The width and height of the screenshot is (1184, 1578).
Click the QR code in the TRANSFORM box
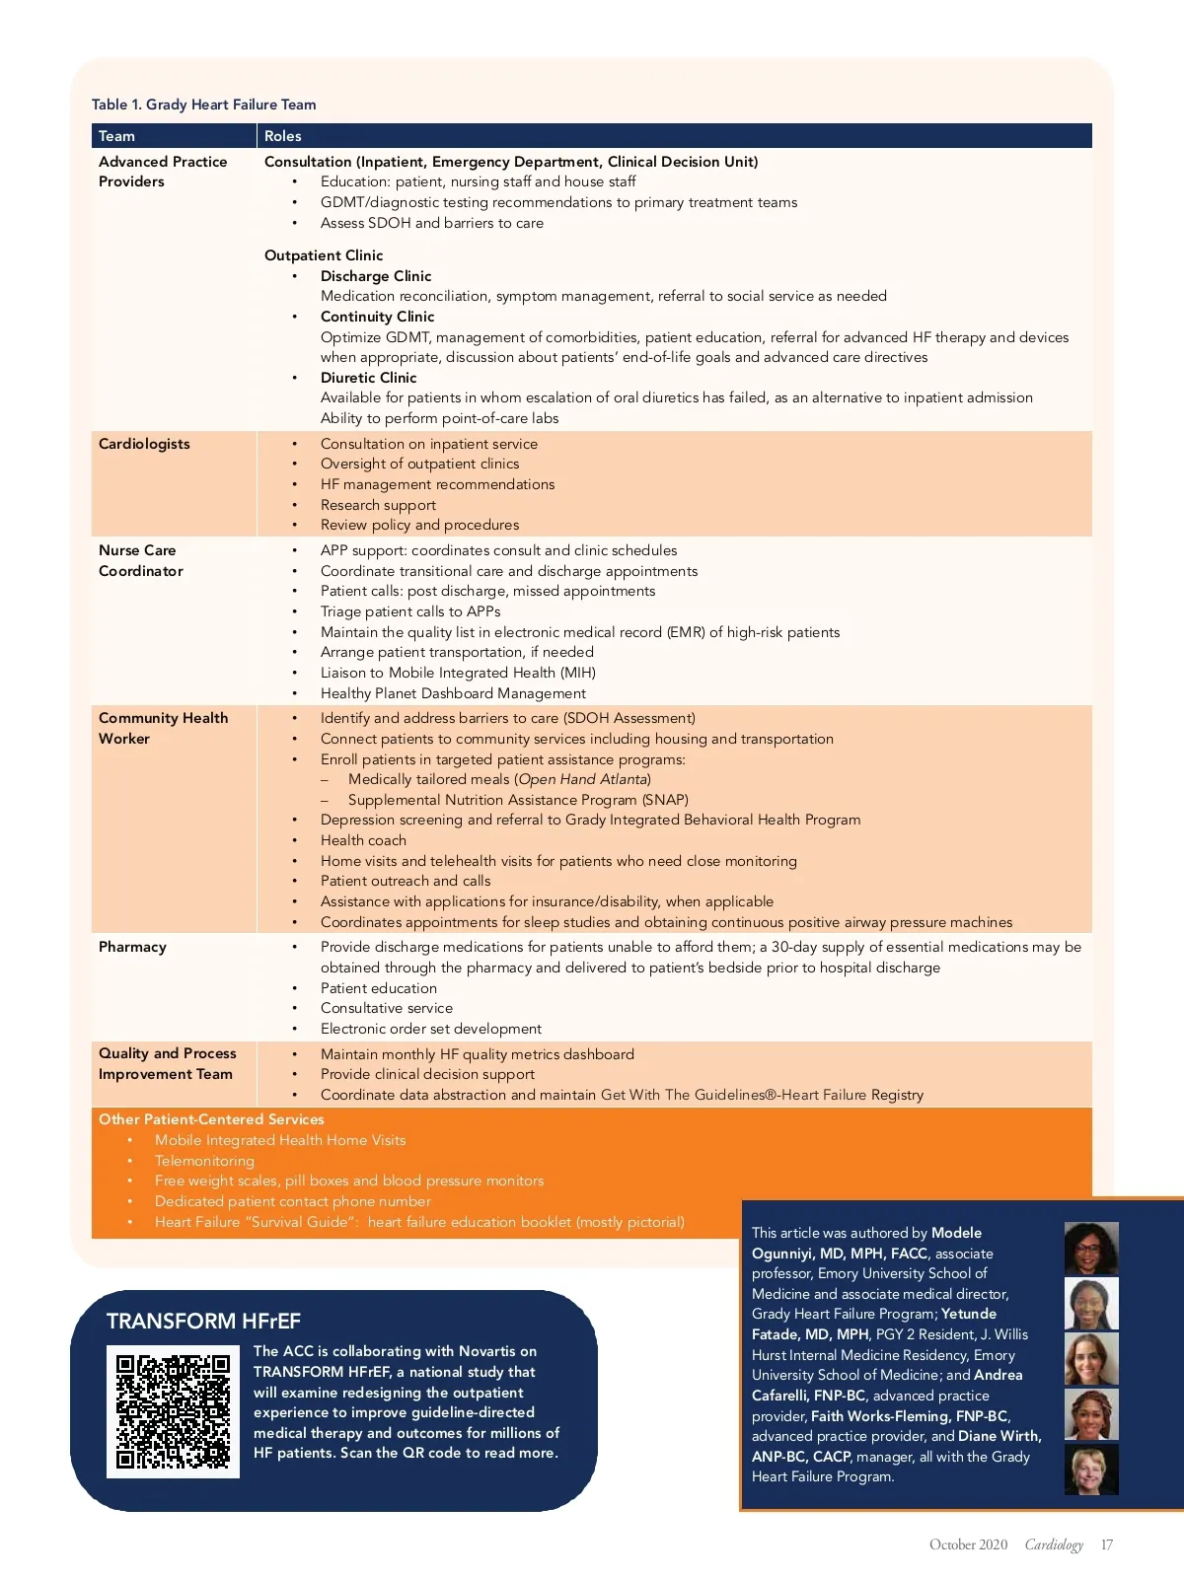point(173,1411)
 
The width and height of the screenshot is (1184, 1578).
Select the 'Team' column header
point(116,136)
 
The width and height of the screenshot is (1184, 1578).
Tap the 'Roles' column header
point(283,136)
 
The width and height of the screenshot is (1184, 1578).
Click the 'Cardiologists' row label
point(144,444)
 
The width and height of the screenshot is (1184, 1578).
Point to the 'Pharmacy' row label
point(132,947)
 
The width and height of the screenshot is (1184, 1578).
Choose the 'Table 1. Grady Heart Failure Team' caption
point(204,105)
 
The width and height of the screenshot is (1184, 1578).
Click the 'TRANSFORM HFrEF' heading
point(203,1322)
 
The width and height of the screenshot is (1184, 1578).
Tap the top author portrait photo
point(1091,1249)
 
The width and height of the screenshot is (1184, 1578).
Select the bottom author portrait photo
point(1091,1469)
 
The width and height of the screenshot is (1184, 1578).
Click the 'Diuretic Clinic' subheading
point(368,378)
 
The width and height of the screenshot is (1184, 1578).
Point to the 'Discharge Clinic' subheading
point(376,276)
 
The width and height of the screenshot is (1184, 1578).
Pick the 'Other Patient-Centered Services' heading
point(211,1119)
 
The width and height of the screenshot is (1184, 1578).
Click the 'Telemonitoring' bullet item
point(204,1161)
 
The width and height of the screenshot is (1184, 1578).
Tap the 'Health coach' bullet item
point(363,840)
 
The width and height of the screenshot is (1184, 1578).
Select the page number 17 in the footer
point(1107,1544)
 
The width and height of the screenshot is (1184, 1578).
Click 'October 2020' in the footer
point(968,1544)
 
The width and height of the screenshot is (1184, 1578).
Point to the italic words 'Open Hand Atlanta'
point(582,779)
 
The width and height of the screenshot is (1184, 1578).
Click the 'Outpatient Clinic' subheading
point(324,255)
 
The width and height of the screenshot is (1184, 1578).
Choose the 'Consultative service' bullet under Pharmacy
point(387,1008)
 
